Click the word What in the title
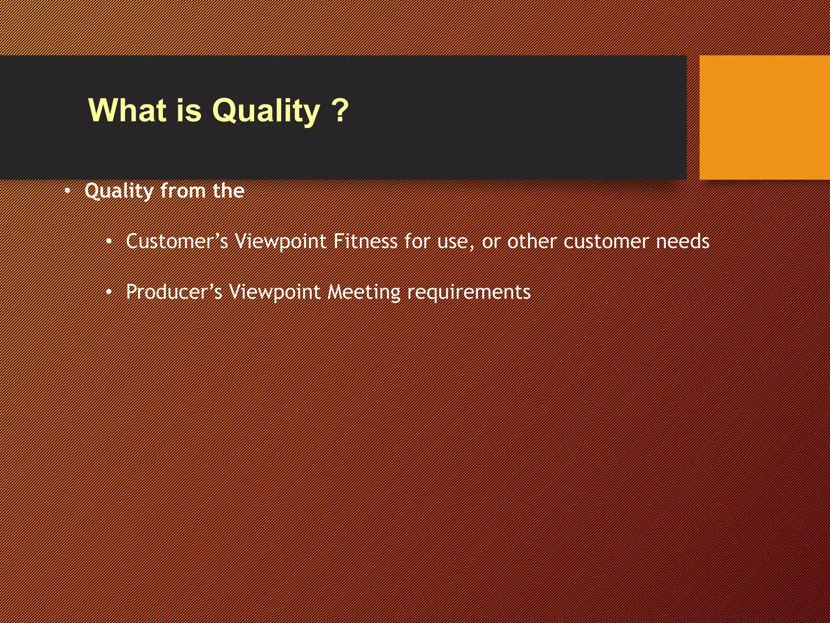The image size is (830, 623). [127, 110]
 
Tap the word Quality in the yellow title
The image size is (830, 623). [266, 111]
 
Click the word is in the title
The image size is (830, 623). [189, 110]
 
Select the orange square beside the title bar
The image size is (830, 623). [764, 117]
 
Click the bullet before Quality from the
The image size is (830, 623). [68, 191]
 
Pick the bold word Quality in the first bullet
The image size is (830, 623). [119, 191]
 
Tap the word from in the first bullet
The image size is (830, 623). [183, 191]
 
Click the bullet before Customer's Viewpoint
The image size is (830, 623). [109, 242]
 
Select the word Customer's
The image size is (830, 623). [177, 242]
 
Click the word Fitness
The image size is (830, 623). [365, 242]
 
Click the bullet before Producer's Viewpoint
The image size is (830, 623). [109, 292]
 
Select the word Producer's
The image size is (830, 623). [174, 292]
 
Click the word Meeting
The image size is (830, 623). [364, 292]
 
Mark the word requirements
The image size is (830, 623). [469, 292]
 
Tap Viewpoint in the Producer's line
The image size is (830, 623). [274, 292]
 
